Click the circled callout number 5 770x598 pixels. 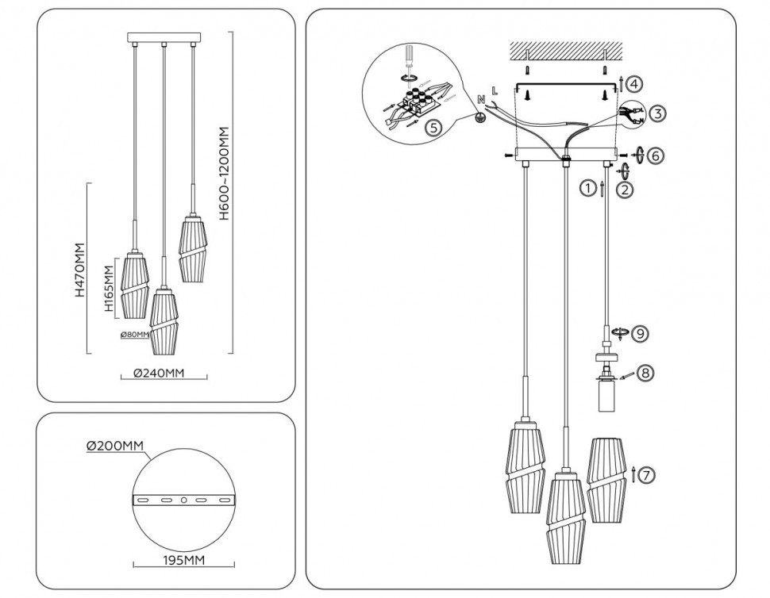431,127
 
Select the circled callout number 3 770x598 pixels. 656,113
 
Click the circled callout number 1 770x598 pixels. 587,189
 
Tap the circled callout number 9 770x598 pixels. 638,334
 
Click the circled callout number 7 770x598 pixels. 648,475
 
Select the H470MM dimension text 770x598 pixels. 80,270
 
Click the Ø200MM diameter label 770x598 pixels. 115,447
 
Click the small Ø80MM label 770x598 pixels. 135,335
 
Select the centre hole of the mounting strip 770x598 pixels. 183,500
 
